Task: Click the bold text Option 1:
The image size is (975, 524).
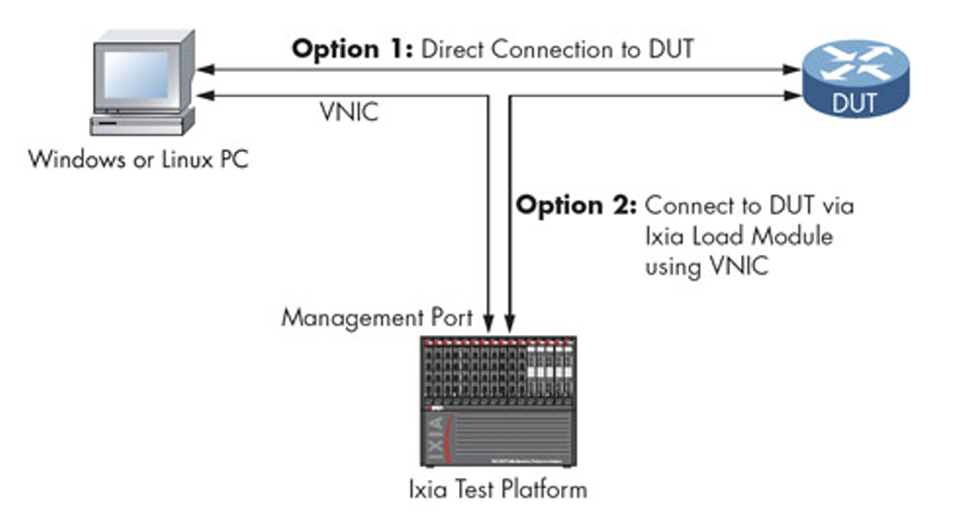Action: [352, 50]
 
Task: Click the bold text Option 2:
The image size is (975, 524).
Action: [575, 206]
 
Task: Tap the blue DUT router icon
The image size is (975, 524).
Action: [854, 79]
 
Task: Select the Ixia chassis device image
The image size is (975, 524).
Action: [498, 401]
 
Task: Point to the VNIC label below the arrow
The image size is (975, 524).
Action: [348, 112]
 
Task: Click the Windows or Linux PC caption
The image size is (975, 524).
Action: [138, 160]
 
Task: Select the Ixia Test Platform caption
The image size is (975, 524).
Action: [498, 489]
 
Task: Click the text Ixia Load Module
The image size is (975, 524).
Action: [739, 236]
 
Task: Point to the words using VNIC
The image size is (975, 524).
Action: [707, 267]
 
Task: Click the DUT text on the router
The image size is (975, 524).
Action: [854, 103]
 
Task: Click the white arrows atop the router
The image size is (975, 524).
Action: [854, 63]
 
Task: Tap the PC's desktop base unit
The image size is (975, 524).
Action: [141, 125]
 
